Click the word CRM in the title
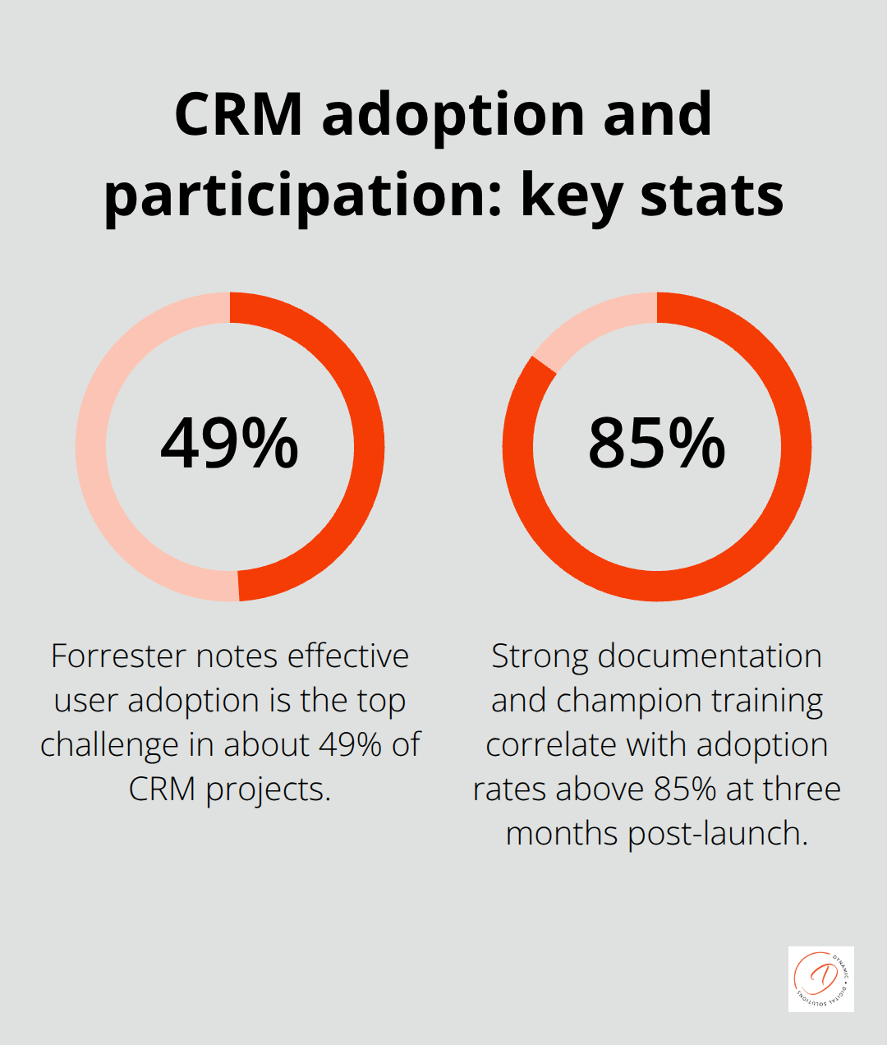[238, 114]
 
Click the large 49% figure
[229, 444]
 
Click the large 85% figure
[656, 444]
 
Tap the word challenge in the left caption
[109, 745]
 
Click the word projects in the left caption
[267, 790]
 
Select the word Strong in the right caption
[540, 656]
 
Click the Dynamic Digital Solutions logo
[820, 978]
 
